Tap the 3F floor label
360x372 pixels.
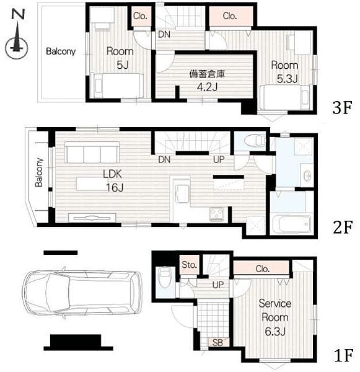[x=342, y=108]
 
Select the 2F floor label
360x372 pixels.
[x=343, y=227]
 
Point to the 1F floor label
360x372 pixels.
[x=344, y=355]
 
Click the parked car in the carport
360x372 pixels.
[x=82, y=293]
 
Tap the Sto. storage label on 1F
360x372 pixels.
[x=189, y=265]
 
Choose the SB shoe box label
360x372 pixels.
[x=217, y=343]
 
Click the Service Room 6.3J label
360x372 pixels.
[x=275, y=317]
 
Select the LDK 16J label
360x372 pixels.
[x=113, y=181]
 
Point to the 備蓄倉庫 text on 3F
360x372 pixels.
[x=207, y=74]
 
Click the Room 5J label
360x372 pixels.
[x=120, y=58]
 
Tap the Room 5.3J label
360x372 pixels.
[x=284, y=72]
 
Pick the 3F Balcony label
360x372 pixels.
[x=61, y=51]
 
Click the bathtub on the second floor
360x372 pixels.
[x=291, y=224]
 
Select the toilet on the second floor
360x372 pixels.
[x=255, y=140]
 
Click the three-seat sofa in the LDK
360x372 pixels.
[x=92, y=153]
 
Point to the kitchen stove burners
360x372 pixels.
[x=217, y=214]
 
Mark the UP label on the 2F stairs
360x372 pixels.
[x=219, y=159]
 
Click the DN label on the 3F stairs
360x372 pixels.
[x=164, y=35]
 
